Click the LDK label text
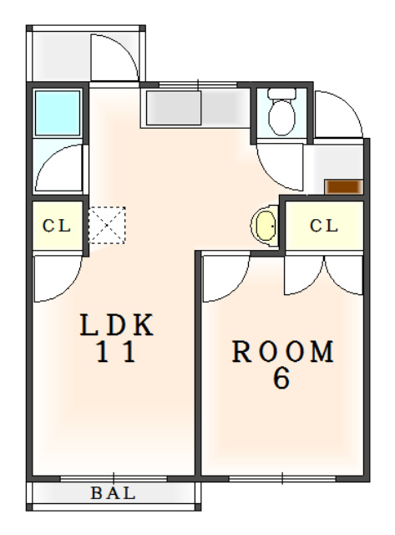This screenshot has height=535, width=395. tap(117, 324)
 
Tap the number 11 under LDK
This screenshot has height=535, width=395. tap(117, 352)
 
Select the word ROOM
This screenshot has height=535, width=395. tap(282, 351)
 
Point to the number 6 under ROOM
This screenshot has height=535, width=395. tap(281, 379)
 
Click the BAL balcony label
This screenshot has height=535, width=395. tap(113, 493)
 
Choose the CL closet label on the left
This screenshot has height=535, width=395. tap(57, 226)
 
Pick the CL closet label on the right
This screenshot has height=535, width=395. tap(324, 226)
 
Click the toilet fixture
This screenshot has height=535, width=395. tap(281, 111)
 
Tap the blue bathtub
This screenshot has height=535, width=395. tap(58, 113)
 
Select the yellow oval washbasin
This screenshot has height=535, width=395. tap(265, 225)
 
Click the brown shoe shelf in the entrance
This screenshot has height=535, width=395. tap(343, 186)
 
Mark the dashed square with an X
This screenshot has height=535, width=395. tap(107, 225)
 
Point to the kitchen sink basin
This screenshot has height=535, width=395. tap(174, 108)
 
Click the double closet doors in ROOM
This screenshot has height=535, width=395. tap(323, 276)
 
